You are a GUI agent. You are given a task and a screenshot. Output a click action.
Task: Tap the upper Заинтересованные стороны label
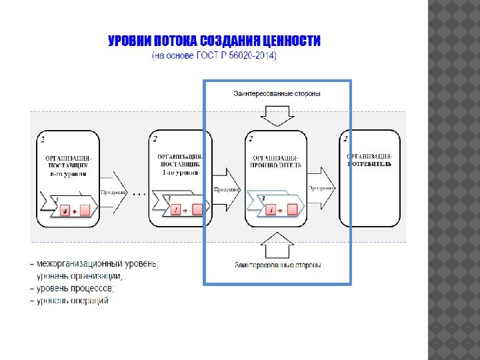pyautogui.click(x=277, y=93)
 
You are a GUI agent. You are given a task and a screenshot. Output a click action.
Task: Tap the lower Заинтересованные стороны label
pyautogui.click(x=277, y=265)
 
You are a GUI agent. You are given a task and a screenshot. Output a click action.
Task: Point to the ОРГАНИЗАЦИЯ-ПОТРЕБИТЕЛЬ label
pyautogui.click(x=369, y=159)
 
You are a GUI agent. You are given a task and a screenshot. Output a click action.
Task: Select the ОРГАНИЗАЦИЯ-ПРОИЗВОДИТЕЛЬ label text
pyautogui.click(x=276, y=160)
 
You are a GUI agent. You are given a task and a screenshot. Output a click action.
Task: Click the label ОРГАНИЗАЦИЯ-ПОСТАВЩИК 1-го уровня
pyautogui.click(x=180, y=164)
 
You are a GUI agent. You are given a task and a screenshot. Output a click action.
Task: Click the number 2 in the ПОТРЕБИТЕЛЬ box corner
pyautogui.click(x=345, y=139)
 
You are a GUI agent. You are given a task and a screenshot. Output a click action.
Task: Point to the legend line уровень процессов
pyautogui.click(x=75, y=288)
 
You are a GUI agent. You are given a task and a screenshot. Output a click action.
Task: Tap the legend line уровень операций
pyautogui.click(x=72, y=301)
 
